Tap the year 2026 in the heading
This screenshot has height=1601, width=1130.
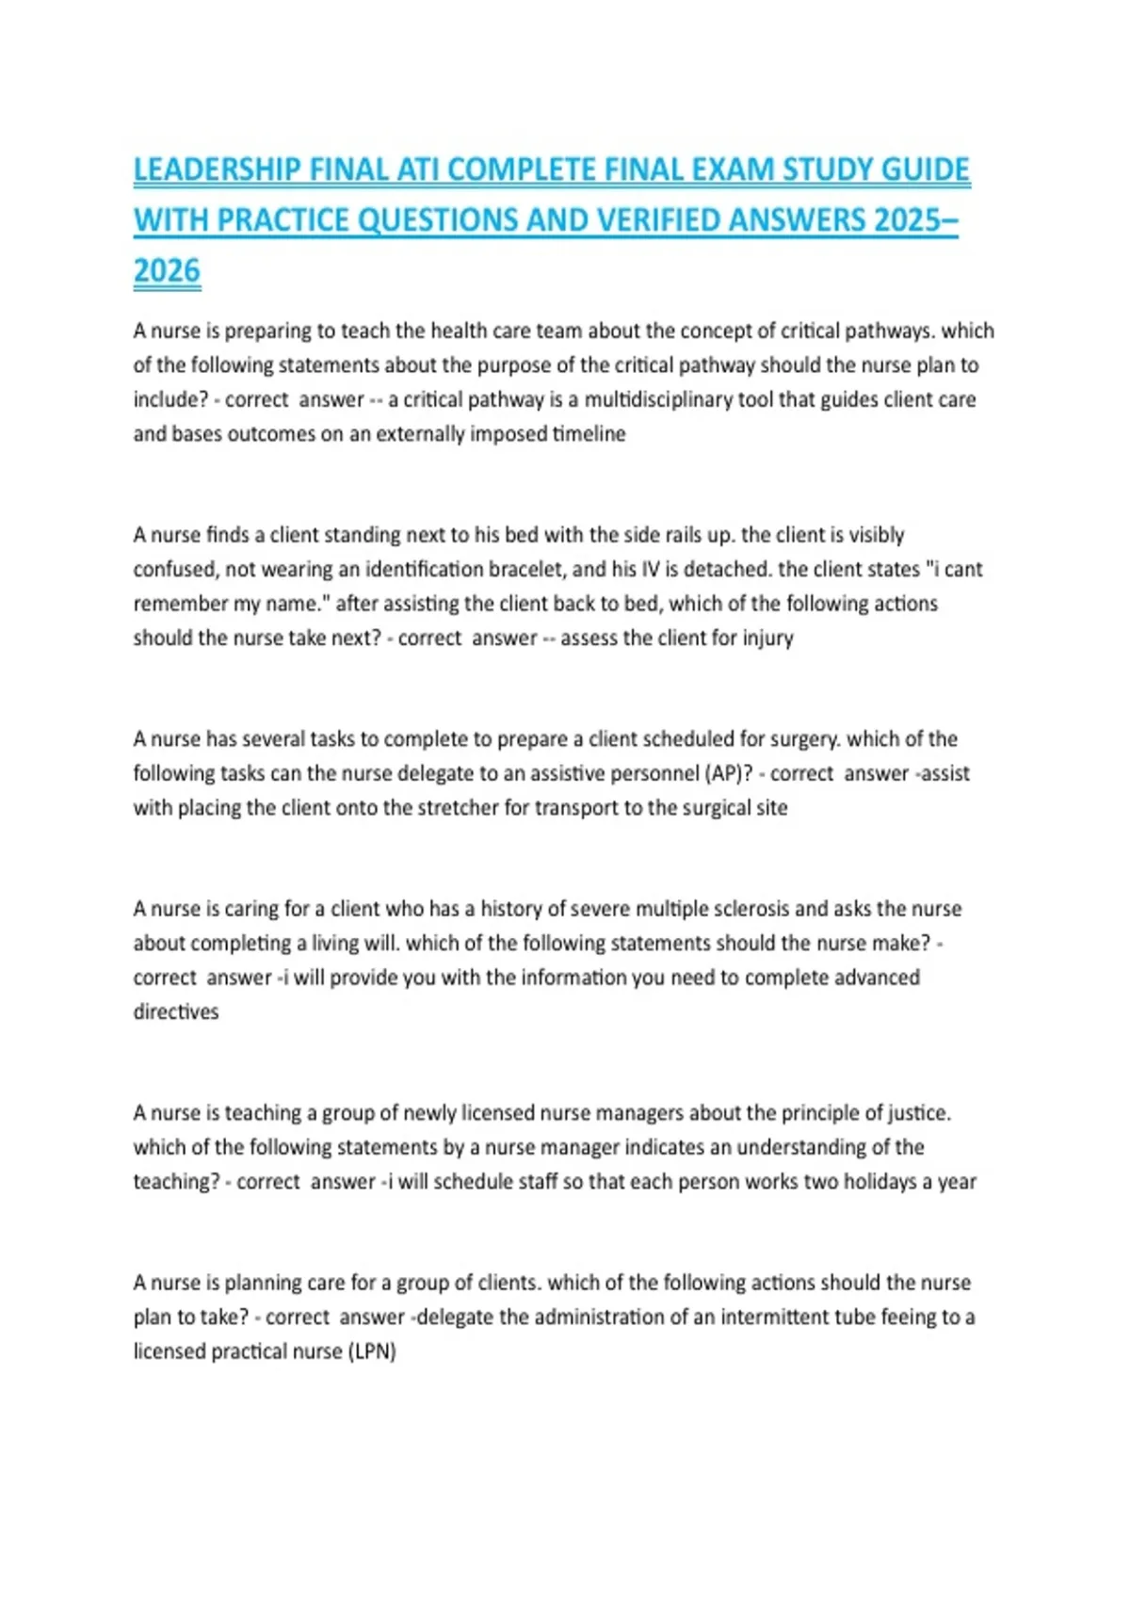[167, 271]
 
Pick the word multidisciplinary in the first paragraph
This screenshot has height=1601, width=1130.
[657, 399]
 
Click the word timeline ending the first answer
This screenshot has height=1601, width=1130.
[589, 434]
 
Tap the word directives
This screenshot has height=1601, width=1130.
[175, 1011]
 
